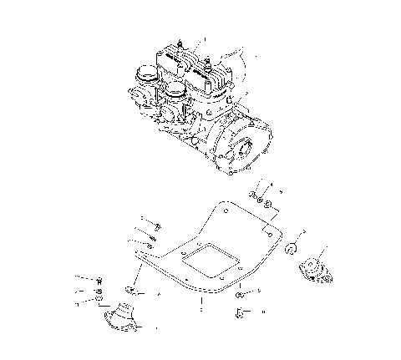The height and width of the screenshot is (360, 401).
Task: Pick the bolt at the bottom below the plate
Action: tap(240, 314)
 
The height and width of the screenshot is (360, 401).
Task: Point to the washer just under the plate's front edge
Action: tap(240, 294)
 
